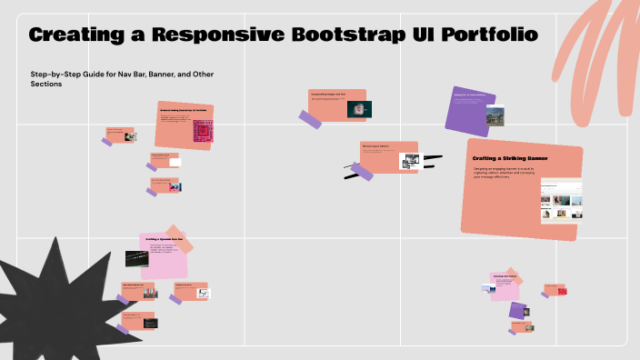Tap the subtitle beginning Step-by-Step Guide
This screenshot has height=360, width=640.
(122, 78)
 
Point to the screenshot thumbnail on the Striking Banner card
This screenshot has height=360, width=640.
(561, 201)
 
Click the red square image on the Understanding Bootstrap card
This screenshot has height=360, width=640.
(202, 133)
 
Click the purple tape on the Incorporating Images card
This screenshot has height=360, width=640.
(311, 118)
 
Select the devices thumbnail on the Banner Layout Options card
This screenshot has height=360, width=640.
(410, 160)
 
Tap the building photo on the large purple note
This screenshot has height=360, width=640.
(495, 115)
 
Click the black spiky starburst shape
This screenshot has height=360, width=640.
(55, 300)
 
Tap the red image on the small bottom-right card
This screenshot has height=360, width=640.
(562, 292)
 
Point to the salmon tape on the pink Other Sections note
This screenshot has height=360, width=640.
(514, 278)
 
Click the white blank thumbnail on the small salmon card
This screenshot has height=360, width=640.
(175, 163)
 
